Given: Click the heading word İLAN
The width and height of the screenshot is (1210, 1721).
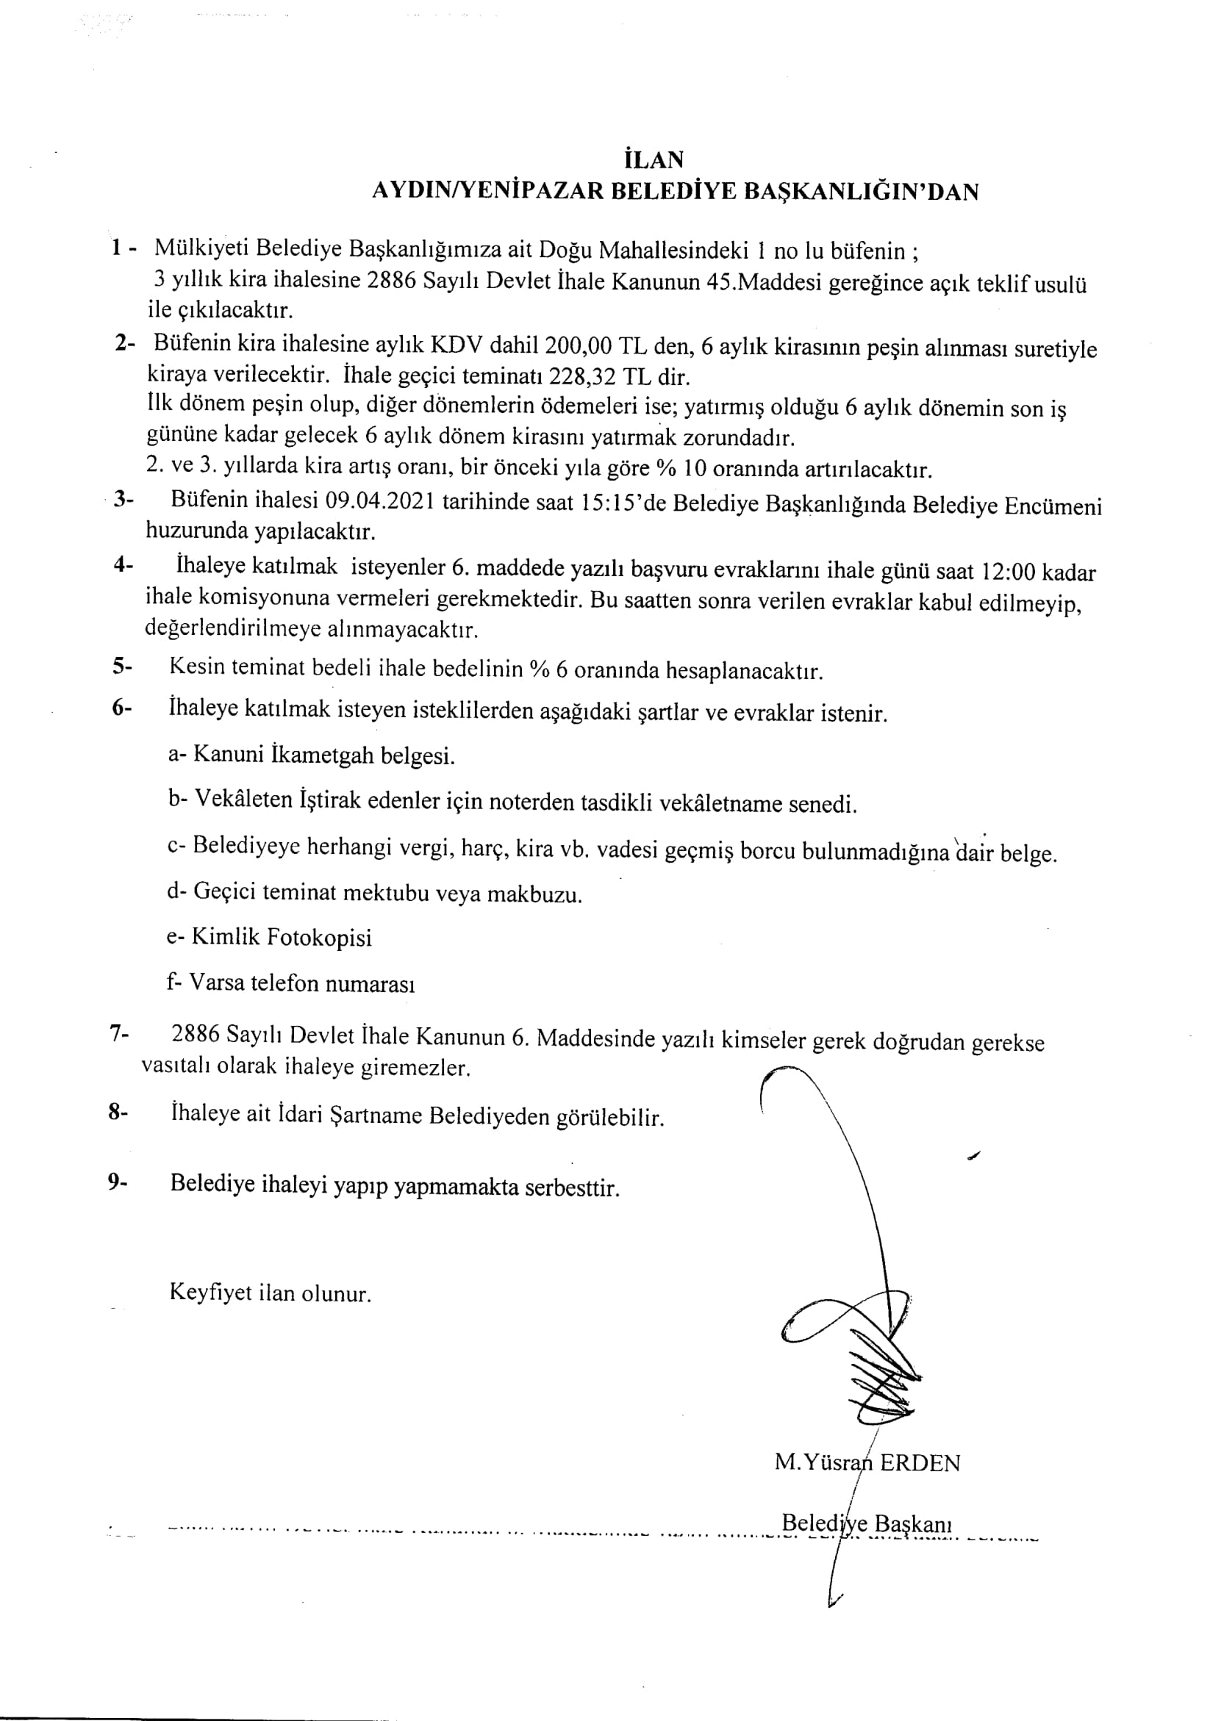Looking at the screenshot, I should (x=653, y=159).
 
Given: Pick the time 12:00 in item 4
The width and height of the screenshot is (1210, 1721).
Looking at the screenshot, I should (x=1008, y=572).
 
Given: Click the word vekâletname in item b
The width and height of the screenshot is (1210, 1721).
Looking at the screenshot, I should (x=719, y=803).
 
